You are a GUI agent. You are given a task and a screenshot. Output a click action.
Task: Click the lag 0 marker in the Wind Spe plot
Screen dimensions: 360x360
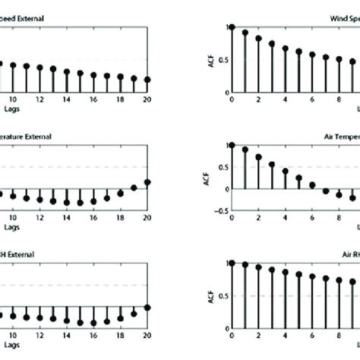tap(231, 27)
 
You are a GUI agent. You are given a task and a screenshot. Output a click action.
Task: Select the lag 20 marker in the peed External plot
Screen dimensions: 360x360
tap(147, 79)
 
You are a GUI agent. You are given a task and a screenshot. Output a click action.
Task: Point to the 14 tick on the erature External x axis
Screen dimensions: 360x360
tap(67, 217)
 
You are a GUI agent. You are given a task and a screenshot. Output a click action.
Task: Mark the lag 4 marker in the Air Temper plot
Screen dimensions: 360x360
tap(286, 172)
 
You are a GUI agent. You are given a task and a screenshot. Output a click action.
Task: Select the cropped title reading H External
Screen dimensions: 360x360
tap(23, 255)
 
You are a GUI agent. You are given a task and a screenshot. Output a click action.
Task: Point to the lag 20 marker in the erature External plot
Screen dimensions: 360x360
tap(147, 182)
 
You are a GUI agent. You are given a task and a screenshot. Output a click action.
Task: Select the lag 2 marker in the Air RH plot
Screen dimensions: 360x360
tap(258, 267)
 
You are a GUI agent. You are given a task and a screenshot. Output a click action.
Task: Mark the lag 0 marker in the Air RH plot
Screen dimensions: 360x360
tap(231, 263)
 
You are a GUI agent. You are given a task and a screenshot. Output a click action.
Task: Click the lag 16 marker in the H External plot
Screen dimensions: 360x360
tap(93, 322)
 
